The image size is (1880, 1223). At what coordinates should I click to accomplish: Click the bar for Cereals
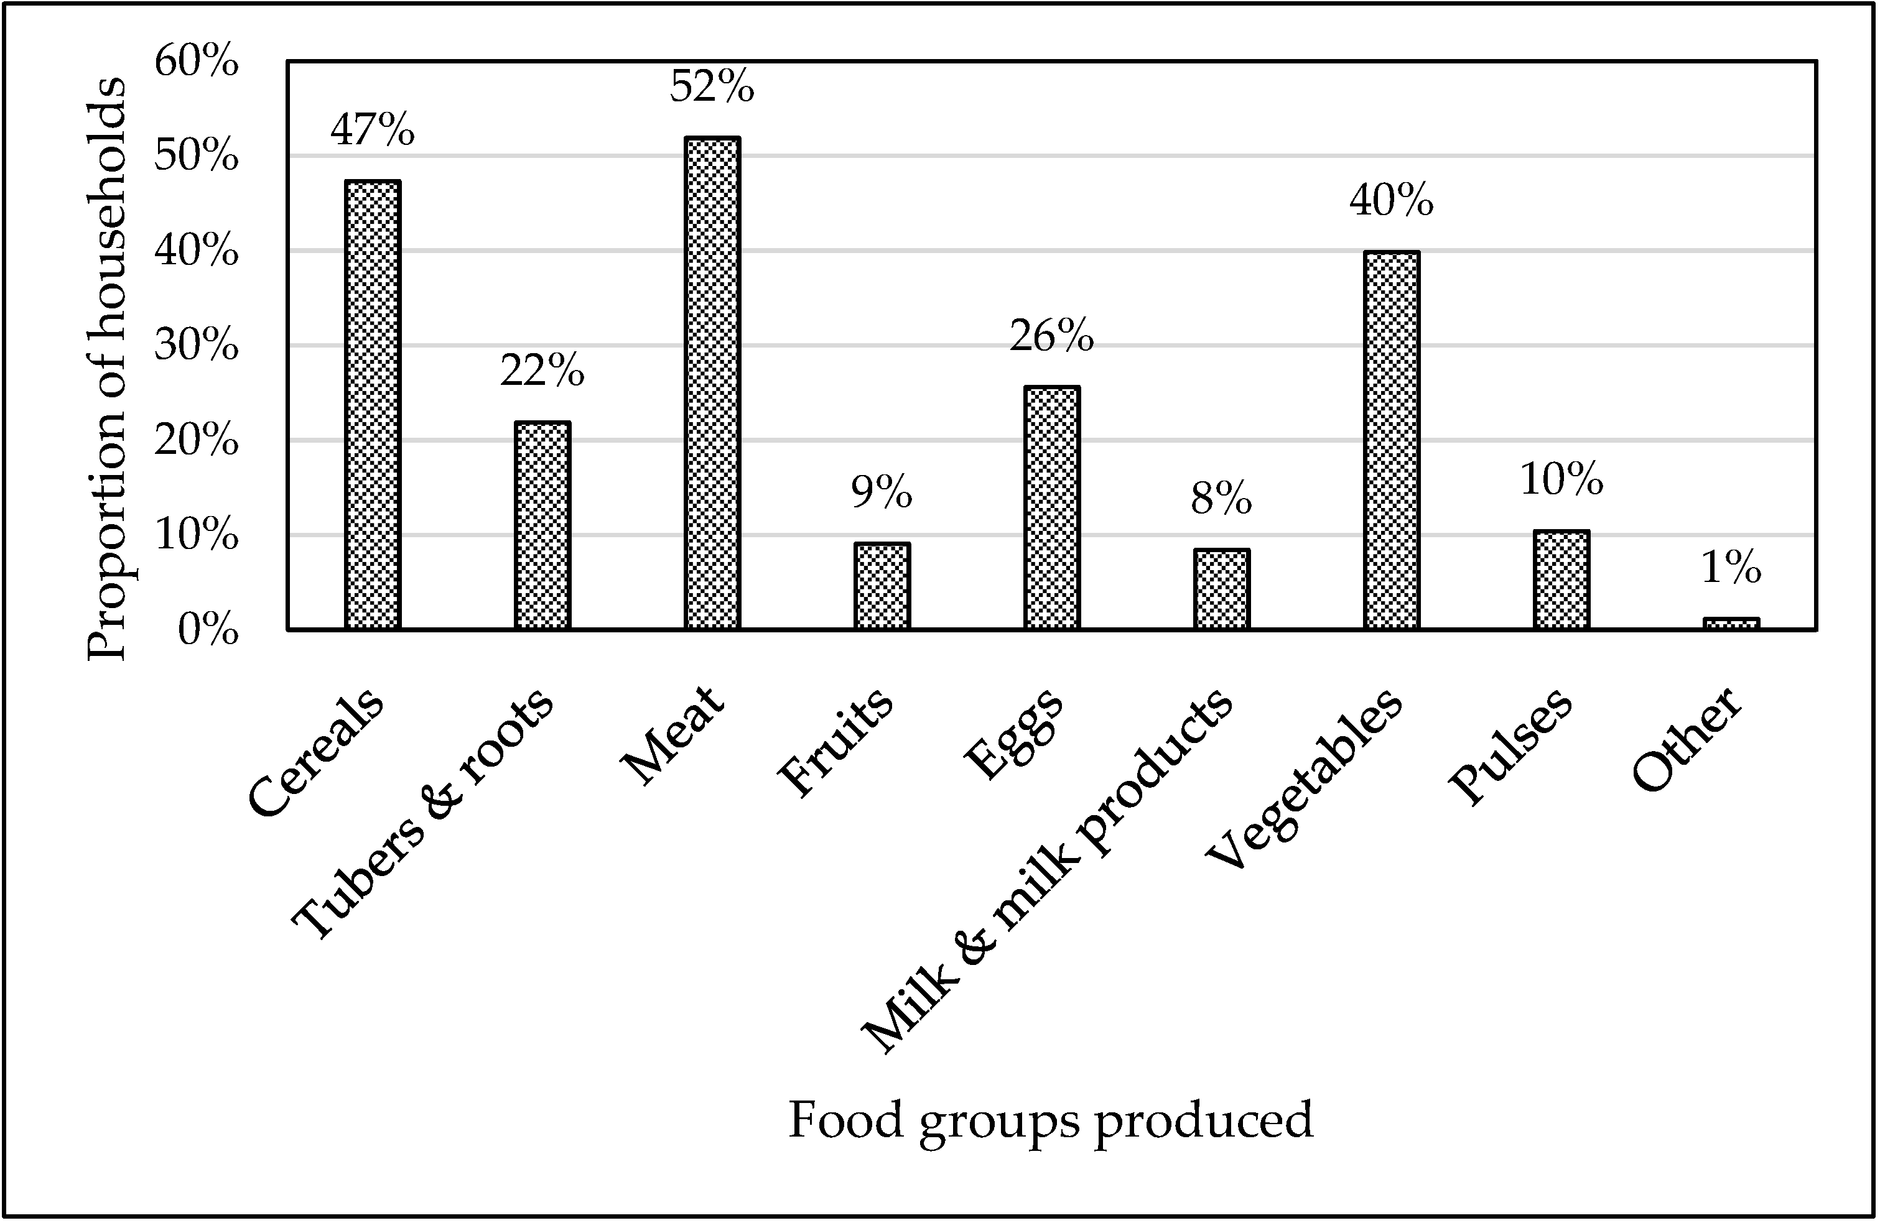[x=373, y=404]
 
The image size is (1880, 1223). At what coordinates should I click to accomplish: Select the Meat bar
[x=712, y=383]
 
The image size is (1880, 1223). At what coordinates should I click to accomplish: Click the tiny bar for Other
[x=1731, y=624]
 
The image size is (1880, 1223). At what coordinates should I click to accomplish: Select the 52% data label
[x=712, y=87]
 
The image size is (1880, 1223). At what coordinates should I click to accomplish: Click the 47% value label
[x=373, y=131]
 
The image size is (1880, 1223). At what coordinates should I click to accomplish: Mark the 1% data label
[x=1731, y=568]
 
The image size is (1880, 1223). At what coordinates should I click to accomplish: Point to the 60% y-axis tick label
[x=197, y=62]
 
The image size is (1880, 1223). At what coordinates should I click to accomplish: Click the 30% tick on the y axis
[x=197, y=346]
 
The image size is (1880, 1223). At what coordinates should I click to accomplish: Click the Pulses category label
[x=1510, y=746]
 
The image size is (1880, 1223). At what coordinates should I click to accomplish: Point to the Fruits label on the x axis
[x=835, y=742]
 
